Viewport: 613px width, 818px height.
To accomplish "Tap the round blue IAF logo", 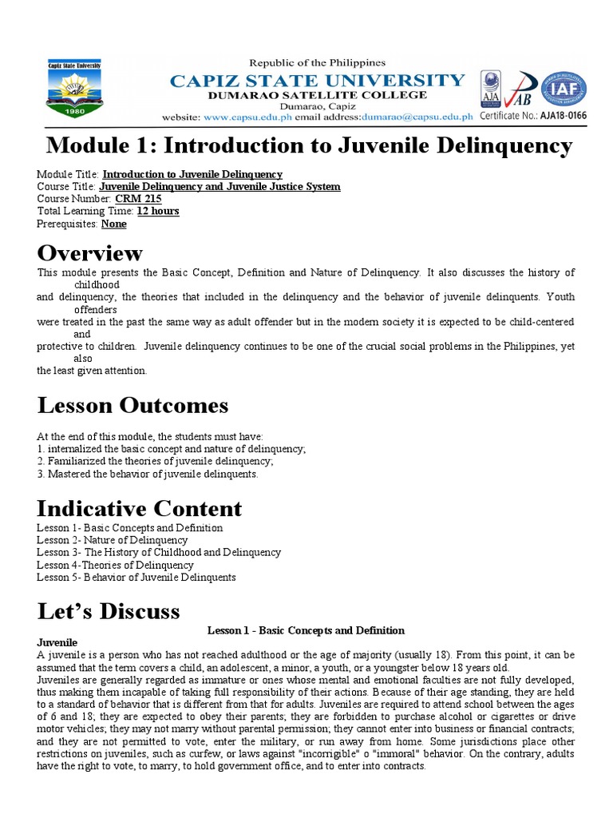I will click(x=564, y=89).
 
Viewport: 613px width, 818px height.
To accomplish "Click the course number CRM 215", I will click(x=133, y=199).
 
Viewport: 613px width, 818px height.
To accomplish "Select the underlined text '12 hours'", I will click(x=158, y=212).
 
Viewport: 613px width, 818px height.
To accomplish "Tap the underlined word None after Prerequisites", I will click(x=113, y=224).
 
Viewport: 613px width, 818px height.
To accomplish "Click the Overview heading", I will click(x=90, y=253).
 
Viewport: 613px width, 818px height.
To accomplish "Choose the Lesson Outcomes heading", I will click(x=132, y=406).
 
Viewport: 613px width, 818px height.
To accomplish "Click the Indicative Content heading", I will click(x=140, y=508).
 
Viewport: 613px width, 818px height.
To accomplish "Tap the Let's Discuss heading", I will click(x=109, y=611).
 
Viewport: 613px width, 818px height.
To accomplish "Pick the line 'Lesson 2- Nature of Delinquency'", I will click(x=113, y=540).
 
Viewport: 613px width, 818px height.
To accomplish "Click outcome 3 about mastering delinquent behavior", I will click(x=148, y=474).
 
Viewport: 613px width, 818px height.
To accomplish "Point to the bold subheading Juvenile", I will click(x=57, y=642).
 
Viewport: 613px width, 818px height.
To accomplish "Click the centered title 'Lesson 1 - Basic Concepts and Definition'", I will click(x=306, y=630).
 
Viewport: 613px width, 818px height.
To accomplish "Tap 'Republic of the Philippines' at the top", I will click(x=318, y=62).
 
